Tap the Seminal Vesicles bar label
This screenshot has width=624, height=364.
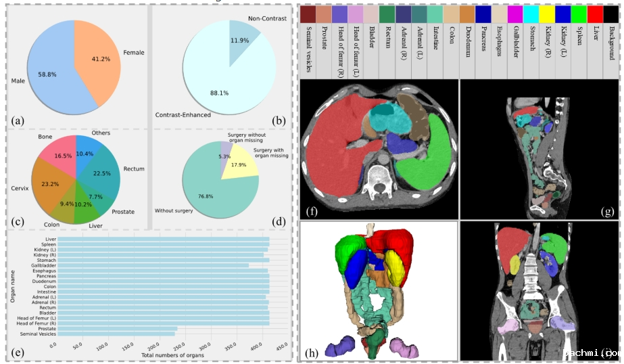38,334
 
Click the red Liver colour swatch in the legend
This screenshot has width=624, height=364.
595,14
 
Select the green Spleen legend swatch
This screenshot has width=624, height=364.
579,14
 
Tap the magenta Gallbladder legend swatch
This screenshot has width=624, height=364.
514,14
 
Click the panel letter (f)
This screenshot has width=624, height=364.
312,210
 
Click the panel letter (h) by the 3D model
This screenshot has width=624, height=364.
311,352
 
